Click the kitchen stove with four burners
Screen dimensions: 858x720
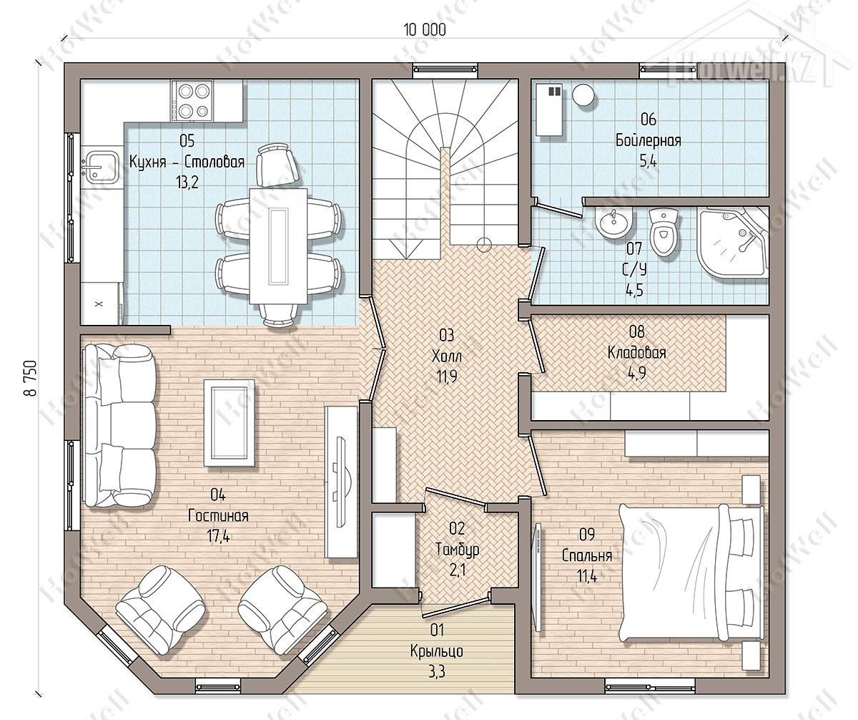(x=192, y=101)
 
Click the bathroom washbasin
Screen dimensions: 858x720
(x=613, y=224)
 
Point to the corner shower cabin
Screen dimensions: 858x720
(x=733, y=243)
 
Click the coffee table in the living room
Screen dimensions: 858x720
(x=230, y=422)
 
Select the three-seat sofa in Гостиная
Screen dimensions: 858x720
(x=119, y=426)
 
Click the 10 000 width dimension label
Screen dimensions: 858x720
(x=425, y=30)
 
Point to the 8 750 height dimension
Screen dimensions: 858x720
(x=31, y=378)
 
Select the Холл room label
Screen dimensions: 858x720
(x=447, y=356)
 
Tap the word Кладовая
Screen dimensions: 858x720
(x=636, y=353)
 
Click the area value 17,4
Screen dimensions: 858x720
(x=219, y=536)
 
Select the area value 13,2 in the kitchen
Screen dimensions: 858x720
(x=187, y=182)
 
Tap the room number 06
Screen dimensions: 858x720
(x=649, y=120)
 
